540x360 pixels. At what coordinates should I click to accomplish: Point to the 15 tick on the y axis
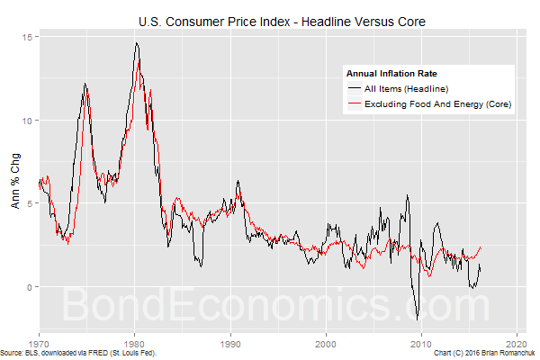coord(28,37)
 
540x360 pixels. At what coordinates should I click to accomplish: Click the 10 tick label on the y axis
coord(28,121)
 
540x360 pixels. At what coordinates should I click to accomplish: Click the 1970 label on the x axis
coord(39,344)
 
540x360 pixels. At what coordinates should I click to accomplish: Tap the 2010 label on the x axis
coord(420,344)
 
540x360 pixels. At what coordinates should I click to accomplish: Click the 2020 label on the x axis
coord(516,344)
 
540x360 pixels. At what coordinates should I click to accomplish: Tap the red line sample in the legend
coord(354,104)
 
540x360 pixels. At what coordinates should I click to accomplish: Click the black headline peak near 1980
coord(137,42)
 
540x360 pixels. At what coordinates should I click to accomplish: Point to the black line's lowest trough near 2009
coord(417,319)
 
